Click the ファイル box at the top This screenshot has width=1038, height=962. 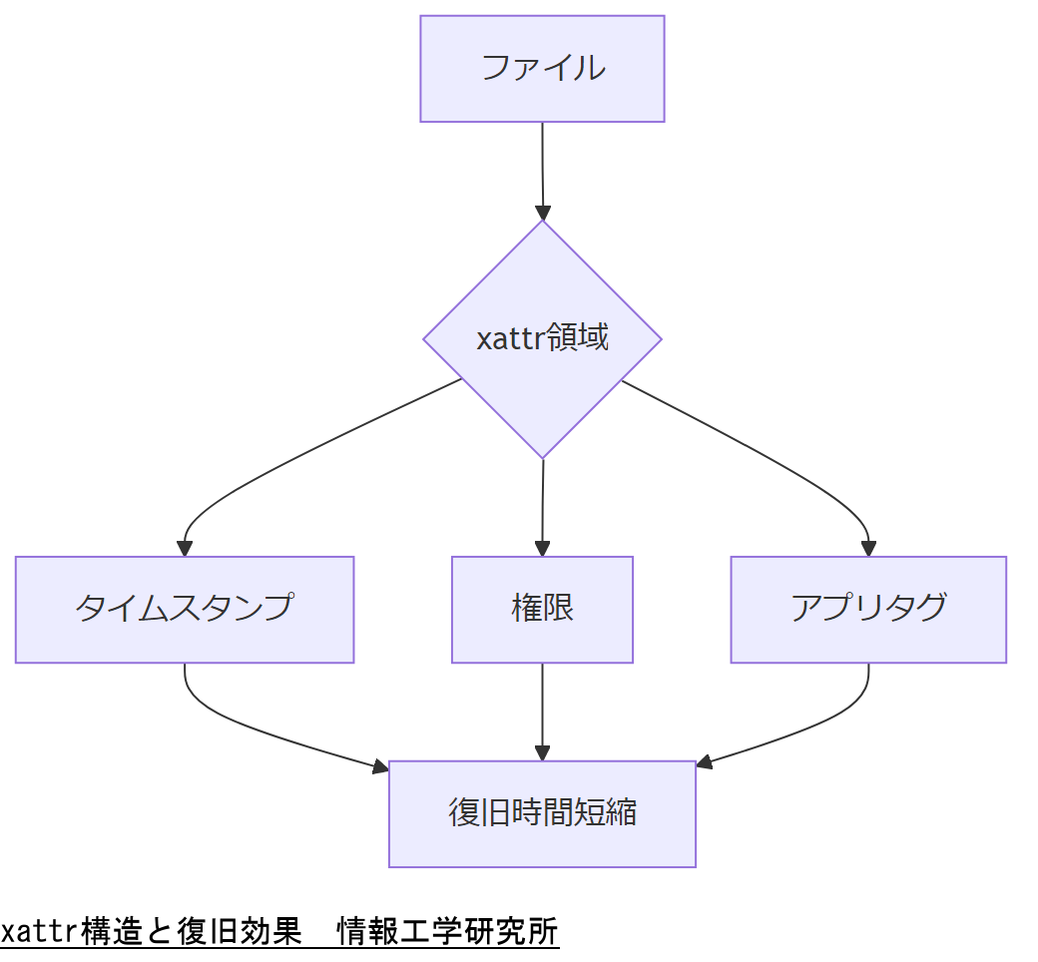[x=542, y=69]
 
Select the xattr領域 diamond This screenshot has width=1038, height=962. [x=542, y=339]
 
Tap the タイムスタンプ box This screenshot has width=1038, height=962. [x=185, y=609]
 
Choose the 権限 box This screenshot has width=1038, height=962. [x=542, y=609]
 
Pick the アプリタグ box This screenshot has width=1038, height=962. [x=868, y=609]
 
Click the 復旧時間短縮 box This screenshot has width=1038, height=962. [x=542, y=813]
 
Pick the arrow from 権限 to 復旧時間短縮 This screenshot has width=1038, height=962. [x=542, y=709]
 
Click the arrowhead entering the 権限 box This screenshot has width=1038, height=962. [x=542, y=548]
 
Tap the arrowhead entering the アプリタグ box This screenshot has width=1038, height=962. [x=868, y=548]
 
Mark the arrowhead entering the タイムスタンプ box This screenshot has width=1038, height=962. [x=185, y=548]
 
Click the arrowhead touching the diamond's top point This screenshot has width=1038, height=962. [x=542, y=212]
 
